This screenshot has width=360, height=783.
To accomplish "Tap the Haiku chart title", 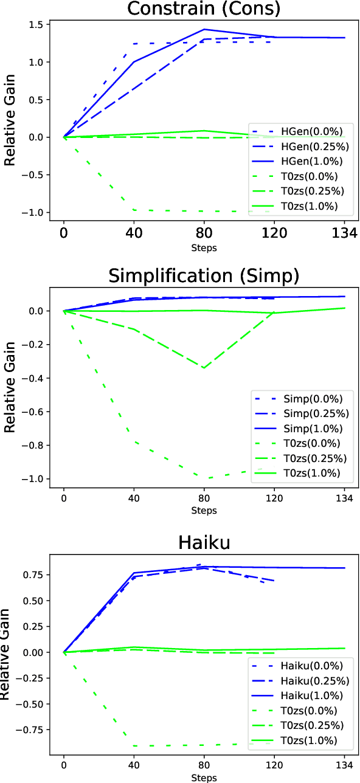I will pos(204,542).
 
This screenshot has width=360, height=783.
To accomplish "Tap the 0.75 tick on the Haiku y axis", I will pos(35,574).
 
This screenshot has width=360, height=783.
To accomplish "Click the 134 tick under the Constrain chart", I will pos(344,233).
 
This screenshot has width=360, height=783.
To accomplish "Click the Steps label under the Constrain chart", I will pos(204,247).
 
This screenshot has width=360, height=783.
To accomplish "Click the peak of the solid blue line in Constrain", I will pos(204,29).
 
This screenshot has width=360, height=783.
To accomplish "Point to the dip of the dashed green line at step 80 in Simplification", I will pos(204,368).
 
